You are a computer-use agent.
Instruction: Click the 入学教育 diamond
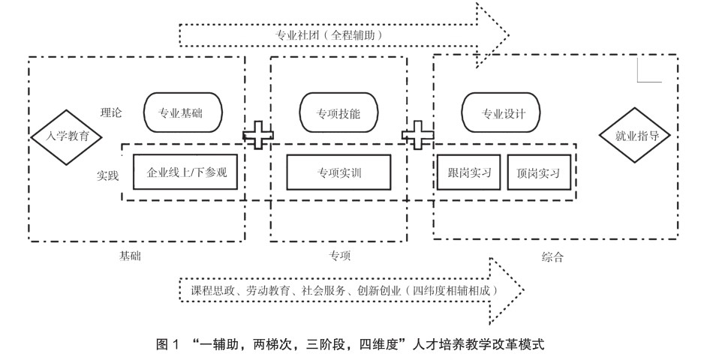pos(62,136)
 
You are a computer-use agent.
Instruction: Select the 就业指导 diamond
pos(631,136)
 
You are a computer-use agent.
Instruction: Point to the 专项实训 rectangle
pos(339,172)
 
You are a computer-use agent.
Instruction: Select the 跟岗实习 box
pos(469,172)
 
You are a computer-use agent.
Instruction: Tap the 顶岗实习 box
pos(538,172)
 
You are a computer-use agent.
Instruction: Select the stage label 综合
pos(552,256)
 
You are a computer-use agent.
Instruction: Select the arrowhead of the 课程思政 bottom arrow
pos(507,289)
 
